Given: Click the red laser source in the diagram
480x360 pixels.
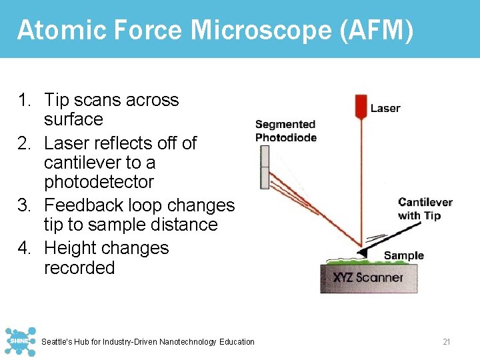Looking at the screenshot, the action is [361, 106].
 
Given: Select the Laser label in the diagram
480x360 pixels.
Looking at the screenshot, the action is [385, 108].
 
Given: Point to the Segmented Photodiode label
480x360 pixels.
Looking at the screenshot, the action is [285, 131].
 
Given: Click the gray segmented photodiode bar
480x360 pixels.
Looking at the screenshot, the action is [265, 167].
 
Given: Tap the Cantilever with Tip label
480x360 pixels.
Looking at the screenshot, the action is [425, 209].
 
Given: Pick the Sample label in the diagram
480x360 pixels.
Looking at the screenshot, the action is [403, 255].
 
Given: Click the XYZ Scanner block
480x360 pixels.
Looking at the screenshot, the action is [369, 277].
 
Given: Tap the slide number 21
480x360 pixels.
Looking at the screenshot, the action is [447, 342].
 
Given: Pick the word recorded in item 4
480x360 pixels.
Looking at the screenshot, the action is [79, 268].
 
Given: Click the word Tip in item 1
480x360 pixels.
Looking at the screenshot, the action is [57, 100].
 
